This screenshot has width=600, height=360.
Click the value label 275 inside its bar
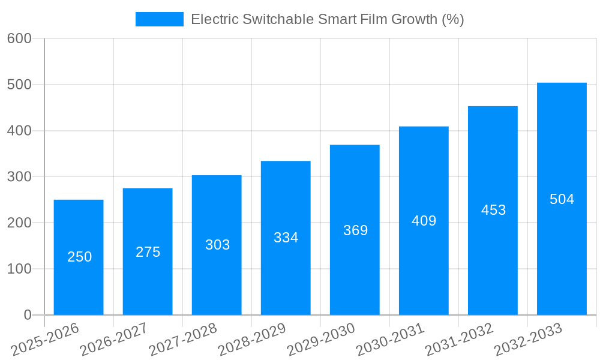[x=148, y=252]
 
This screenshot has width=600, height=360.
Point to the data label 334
[x=286, y=238]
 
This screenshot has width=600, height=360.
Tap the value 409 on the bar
[x=424, y=221]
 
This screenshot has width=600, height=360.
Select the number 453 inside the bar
[x=493, y=210]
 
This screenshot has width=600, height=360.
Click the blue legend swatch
[x=159, y=19]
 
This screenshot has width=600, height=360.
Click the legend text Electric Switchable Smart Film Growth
[x=327, y=19]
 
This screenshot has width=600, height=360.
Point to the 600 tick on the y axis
[x=19, y=38]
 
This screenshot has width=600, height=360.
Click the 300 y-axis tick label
[x=19, y=176]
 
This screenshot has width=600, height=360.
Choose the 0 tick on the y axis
[x=27, y=315]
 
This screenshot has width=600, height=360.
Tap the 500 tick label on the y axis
[x=19, y=85]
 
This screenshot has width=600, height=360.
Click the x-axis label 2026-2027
[x=114, y=340]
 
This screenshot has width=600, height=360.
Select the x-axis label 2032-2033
[x=528, y=340]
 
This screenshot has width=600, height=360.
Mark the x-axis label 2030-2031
[x=390, y=340]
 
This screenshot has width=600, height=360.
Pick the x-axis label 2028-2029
[x=252, y=340]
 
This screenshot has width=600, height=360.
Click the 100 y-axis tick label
[x=19, y=269]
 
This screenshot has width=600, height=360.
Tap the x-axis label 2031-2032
[x=459, y=340]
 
